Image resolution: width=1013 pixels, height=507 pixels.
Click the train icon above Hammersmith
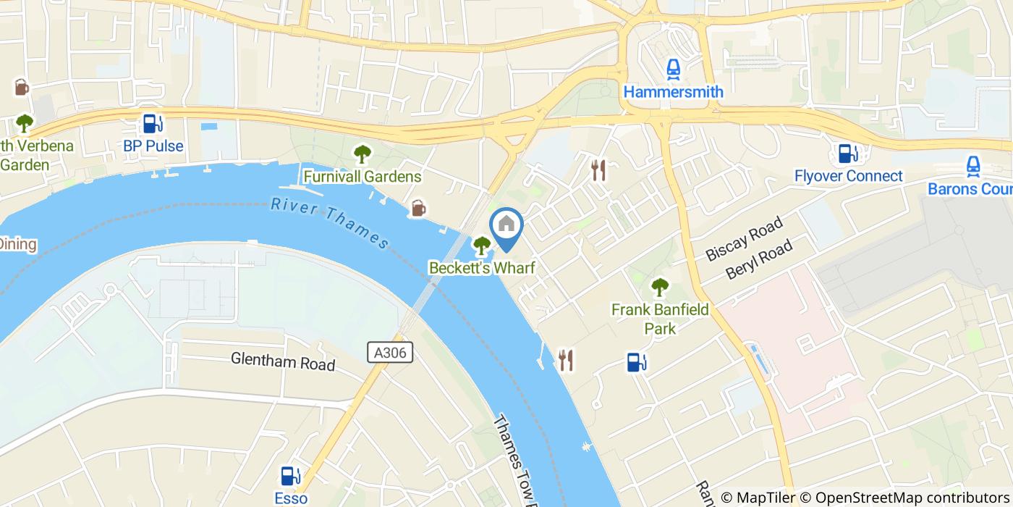673,70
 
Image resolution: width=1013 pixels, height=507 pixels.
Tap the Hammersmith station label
673,92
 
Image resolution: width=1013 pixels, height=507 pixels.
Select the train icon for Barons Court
973,167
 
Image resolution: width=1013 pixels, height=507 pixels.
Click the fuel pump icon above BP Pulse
152,124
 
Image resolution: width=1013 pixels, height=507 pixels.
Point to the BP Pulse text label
153,146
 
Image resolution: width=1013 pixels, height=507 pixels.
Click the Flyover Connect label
848,176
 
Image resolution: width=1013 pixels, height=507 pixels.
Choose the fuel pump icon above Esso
291,476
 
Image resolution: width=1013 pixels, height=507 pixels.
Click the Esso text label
291,498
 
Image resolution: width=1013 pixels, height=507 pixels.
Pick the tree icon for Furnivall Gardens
362,154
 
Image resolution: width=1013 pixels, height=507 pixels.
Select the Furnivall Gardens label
362,177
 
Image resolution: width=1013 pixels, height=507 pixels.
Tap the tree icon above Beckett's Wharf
481,246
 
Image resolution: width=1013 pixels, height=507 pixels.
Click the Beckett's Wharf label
482,268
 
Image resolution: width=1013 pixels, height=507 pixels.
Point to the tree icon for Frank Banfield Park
660,288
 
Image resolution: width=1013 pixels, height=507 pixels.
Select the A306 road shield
390,353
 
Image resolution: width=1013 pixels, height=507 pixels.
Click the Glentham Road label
283,361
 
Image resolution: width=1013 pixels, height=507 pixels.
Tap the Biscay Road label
744,238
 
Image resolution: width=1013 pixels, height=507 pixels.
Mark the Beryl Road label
759,261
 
